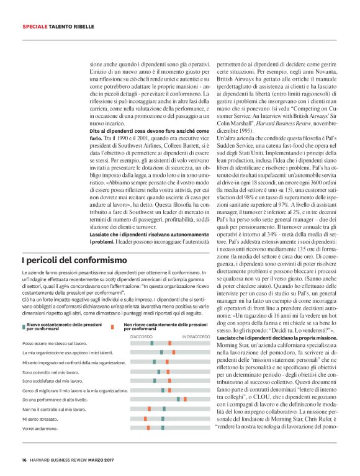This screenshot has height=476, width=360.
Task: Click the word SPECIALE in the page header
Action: (37, 27)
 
